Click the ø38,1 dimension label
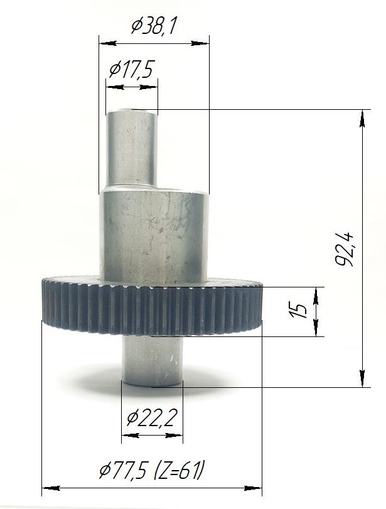click(x=154, y=26)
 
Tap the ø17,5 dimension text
click(x=131, y=69)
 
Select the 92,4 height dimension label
click(x=344, y=249)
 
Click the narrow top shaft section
click(x=132, y=148)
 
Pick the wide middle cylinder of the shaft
click(x=154, y=236)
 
